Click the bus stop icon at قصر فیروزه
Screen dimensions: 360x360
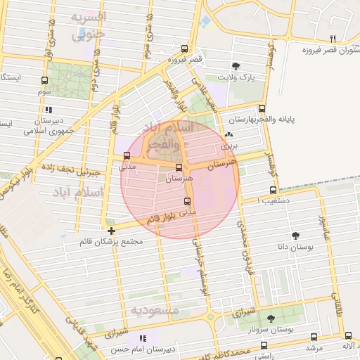coord(184,49)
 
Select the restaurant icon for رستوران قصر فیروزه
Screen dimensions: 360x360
coord(333,39)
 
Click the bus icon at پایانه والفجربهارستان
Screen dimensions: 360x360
coord(262,109)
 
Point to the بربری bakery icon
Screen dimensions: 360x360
coord(228,135)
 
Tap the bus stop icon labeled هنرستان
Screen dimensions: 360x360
coord(179,168)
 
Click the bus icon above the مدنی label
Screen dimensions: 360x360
coord(127,155)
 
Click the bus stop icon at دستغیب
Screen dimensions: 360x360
coord(274,190)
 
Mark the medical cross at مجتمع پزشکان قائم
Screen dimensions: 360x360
coord(112,230)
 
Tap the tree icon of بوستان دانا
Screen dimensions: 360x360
coord(295,236)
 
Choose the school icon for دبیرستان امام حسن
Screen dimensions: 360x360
coord(143,338)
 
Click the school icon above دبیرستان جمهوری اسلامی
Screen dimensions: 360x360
coord(49,110)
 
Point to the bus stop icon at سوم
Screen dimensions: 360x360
coord(45,81)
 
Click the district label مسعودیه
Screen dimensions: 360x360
coord(155,309)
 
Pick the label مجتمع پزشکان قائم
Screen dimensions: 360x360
coord(112,241)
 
